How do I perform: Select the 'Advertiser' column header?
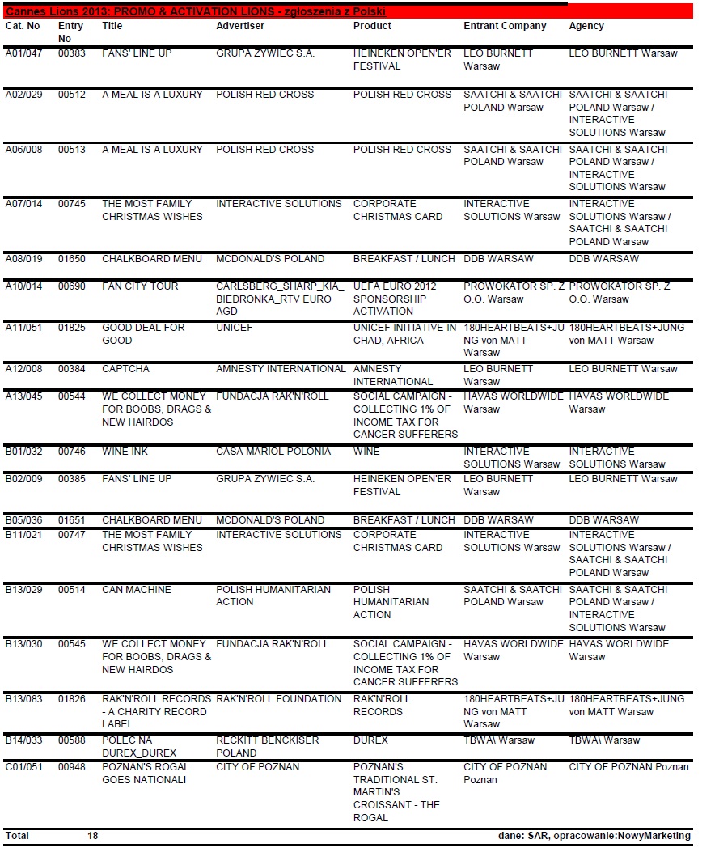pos(240,26)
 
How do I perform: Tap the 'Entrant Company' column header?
pos(505,26)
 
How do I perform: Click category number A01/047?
pos(23,53)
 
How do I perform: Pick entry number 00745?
pos(71,204)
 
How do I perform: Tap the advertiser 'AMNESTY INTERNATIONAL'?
pos(281,369)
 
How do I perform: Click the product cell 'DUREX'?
pos(370,740)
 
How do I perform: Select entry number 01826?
pos(71,699)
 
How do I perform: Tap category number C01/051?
pos(23,767)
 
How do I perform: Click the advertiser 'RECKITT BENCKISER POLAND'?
pos(267,746)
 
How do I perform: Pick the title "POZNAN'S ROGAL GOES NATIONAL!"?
pos(146,774)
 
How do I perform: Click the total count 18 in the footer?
pos(93,836)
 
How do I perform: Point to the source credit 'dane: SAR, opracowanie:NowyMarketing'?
pos(594,836)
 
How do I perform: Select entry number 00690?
pos(71,286)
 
